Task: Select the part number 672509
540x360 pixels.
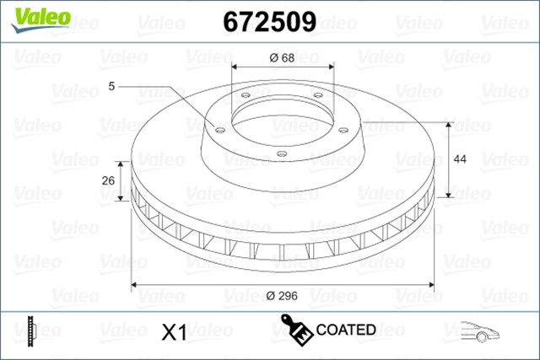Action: click(268, 20)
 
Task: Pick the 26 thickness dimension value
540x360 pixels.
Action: click(108, 180)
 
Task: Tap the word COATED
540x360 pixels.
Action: click(346, 330)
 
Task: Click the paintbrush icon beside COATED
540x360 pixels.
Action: click(296, 330)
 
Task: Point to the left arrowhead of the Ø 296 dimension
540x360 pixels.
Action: click(135, 284)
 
